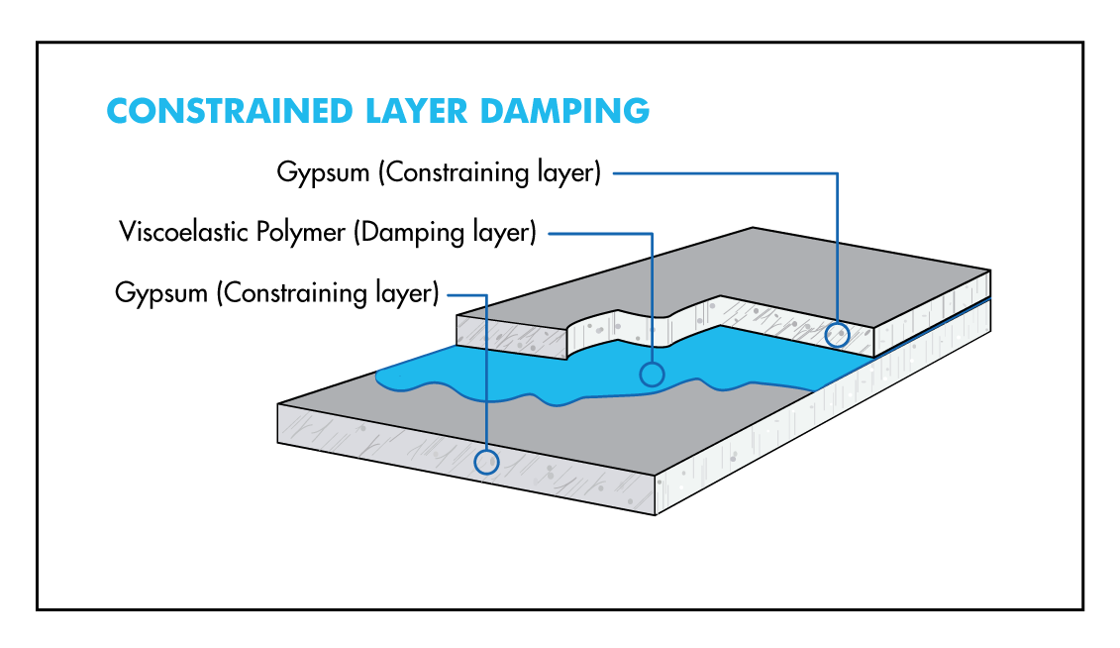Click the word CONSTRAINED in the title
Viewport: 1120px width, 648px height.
[230, 111]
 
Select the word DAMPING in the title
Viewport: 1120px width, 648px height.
[565, 111]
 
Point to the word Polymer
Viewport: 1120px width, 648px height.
[301, 233]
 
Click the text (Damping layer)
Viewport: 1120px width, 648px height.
[445, 233]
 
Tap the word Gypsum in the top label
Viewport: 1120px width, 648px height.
[323, 173]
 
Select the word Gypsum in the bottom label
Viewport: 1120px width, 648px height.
[161, 293]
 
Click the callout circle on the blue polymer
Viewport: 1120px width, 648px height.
[652, 374]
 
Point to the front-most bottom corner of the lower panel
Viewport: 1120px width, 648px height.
[655, 514]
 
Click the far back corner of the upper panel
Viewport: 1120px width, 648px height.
[753, 228]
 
